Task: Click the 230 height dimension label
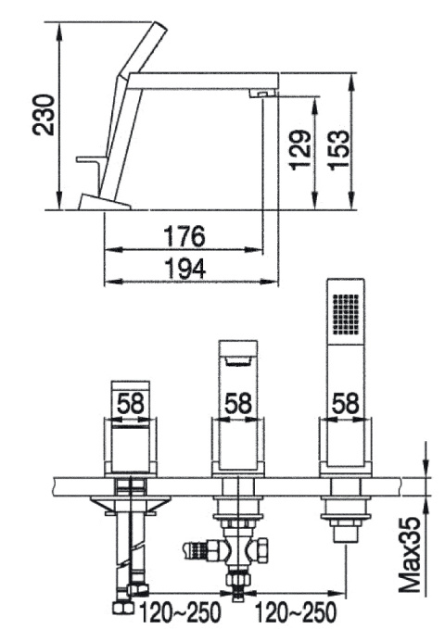44,115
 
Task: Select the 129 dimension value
300,150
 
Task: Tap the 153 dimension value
337,150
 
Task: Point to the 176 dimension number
184,236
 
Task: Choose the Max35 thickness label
410,554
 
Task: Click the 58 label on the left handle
130,403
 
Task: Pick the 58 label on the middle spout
237,403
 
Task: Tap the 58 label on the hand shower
346,403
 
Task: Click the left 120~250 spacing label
180,612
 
